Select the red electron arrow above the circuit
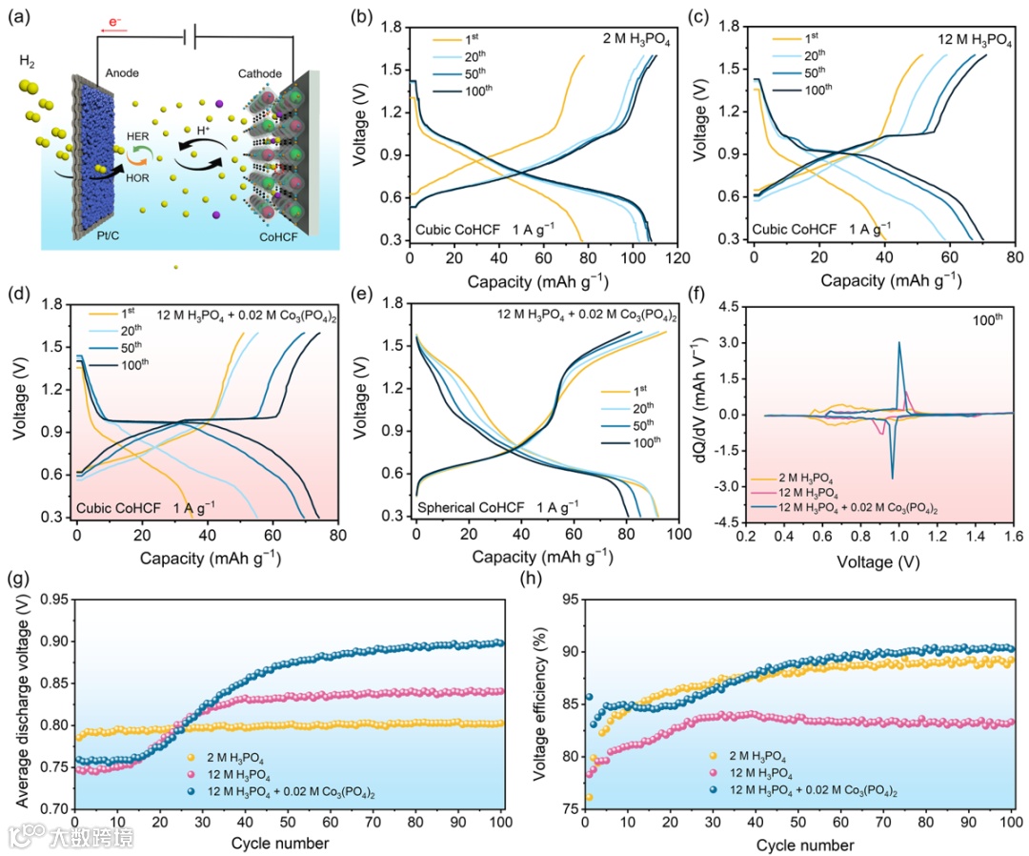114,30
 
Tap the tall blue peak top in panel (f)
898,343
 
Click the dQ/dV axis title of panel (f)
701,413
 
